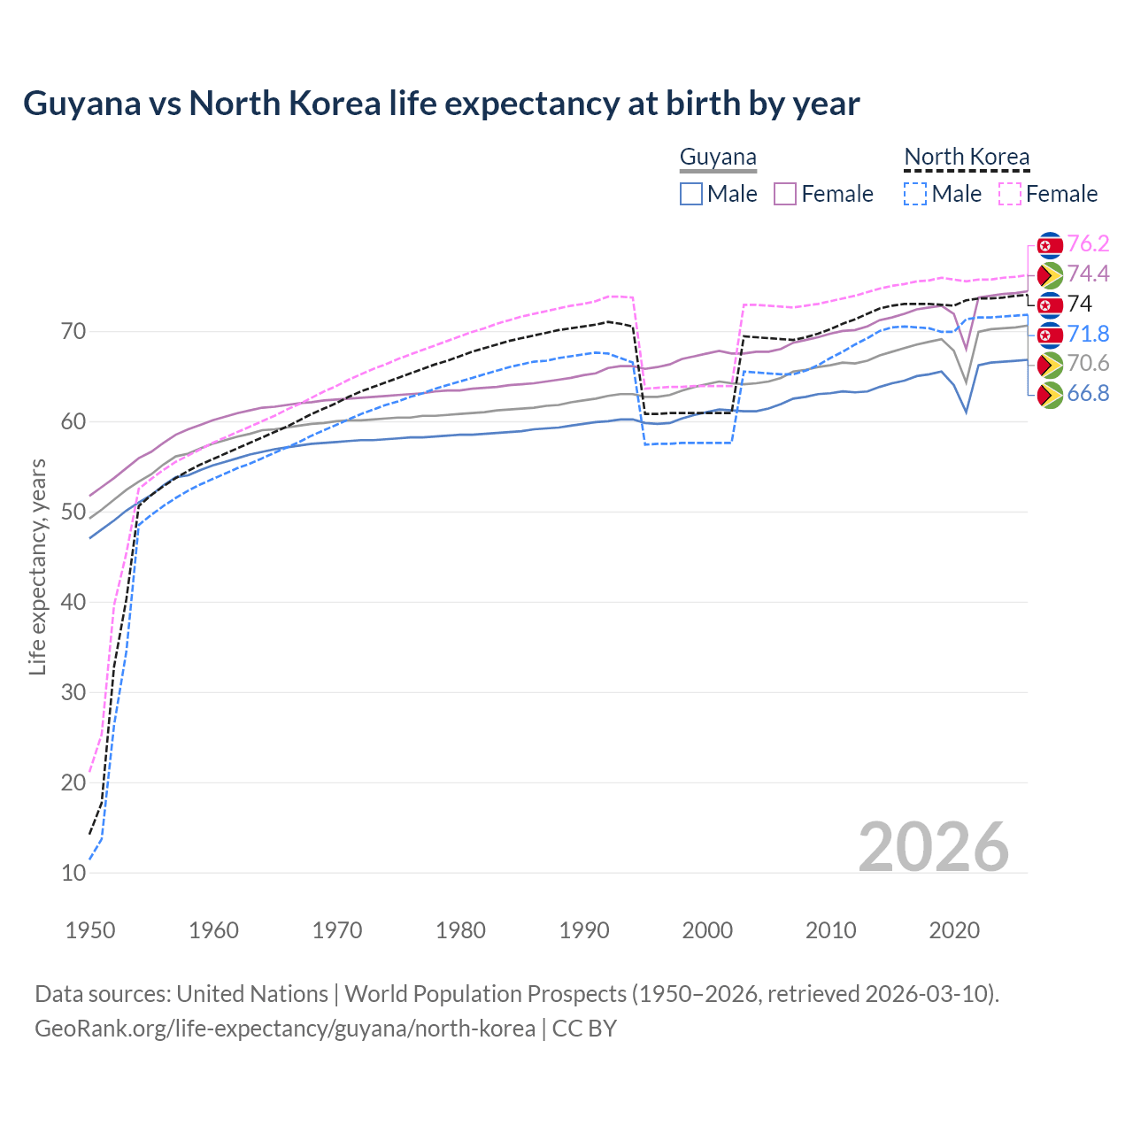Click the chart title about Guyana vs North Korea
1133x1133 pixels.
point(441,104)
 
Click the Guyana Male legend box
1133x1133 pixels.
point(691,194)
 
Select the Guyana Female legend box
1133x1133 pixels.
point(785,194)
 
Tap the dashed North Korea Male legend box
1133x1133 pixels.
point(915,194)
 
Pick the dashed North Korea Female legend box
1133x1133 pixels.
point(1010,194)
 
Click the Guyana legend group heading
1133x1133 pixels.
point(718,158)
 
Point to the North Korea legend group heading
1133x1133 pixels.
point(967,158)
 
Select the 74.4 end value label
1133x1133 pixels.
point(1088,274)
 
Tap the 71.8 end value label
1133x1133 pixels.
point(1088,334)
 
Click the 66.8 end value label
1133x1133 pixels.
point(1088,394)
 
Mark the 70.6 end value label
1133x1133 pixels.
point(1088,364)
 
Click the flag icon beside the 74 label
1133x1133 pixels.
point(1050,305)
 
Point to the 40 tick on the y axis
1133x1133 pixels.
point(73,602)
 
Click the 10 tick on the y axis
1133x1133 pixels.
point(73,873)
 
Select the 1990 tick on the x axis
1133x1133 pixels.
point(584,930)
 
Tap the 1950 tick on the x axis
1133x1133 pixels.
point(91,930)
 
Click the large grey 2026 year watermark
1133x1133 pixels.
point(933,847)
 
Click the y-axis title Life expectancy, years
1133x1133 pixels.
point(38,566)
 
